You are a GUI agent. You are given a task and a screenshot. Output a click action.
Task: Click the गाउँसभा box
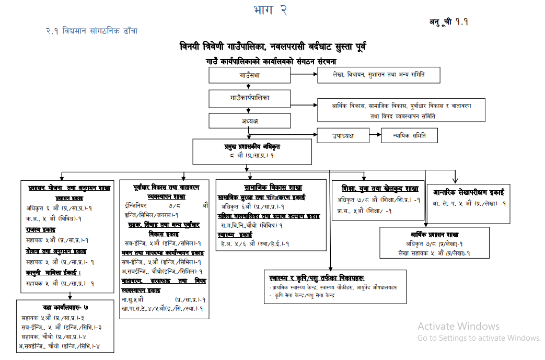[250, 75]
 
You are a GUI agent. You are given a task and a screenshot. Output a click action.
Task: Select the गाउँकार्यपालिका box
[250, 98]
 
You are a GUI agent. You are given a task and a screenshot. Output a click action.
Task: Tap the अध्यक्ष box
[250, 121]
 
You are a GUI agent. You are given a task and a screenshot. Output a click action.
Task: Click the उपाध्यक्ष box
[343, 135]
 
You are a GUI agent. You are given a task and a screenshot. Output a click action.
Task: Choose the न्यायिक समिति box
[409, 135]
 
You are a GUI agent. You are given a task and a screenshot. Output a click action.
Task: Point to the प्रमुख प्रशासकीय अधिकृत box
[252, 152]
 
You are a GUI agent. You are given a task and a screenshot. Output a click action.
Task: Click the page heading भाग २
[270, 10]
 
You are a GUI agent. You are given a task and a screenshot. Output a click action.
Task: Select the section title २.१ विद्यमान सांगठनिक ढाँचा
[91, 31]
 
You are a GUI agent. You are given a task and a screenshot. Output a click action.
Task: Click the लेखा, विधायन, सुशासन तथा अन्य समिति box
[379, 75]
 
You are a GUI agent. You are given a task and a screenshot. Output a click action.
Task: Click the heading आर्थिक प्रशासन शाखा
[434, 235]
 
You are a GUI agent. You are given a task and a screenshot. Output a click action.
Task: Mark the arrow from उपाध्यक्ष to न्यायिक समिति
[375, 135]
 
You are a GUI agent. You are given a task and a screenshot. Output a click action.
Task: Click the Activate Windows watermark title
[458, 327]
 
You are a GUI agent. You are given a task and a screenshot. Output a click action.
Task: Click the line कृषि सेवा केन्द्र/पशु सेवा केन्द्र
[304, 295]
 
